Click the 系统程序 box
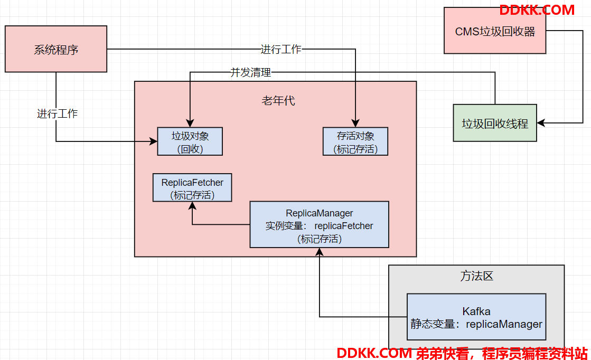(x=56, y=49)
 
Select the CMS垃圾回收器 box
(x=494, y=31)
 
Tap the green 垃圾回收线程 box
(x=494, y=123)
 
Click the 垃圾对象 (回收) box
(x=190, y=141)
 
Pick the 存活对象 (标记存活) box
(x=355, y=141)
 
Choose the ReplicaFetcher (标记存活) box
(x=192, y=187)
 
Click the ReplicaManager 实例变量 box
(x=319, y=224)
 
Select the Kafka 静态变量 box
(x=476, y=317)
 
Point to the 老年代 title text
(x=278, y=100)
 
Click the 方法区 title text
(x=476, y=276)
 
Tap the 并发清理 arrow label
(x=251, y=72)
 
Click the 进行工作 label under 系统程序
(x=57, y=113)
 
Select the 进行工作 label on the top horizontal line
(x=281, y=49)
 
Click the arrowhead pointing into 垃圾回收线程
(x=541, y=123)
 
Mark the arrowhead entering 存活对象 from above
(x=355, y=123)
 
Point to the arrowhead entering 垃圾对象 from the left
(x=153, y=141)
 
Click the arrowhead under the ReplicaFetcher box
(x=192, y=206)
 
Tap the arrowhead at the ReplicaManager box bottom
(x=319, y=252)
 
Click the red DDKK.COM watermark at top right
(x=537, y=10)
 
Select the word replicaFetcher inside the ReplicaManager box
(x=344, y=226)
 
